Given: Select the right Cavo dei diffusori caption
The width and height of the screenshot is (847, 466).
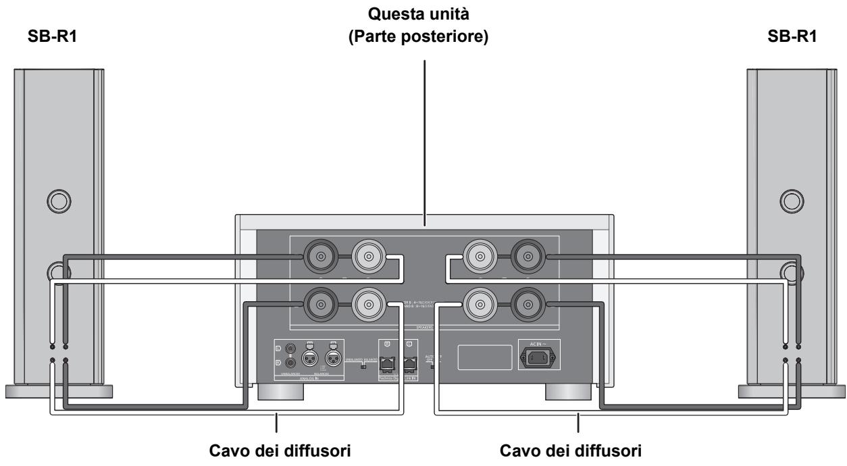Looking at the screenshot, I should click(578, 450).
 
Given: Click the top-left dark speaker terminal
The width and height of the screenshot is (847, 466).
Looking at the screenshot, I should click(317, 257).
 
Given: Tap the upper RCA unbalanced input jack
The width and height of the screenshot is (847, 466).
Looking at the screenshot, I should click(292, 349).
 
